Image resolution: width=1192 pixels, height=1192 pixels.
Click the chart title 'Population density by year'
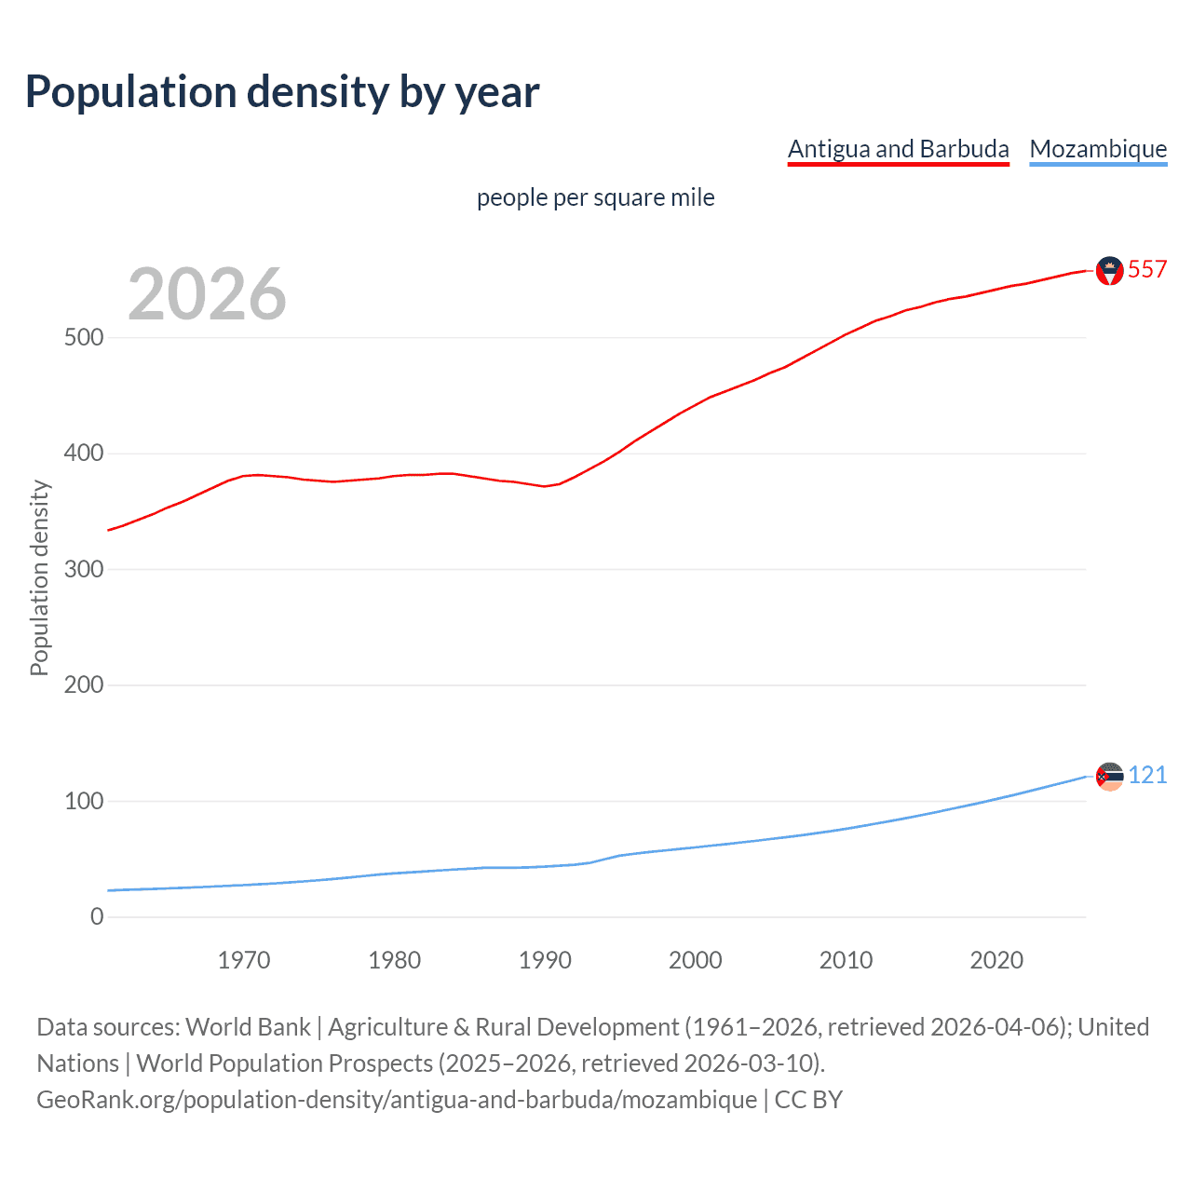pos(282,92)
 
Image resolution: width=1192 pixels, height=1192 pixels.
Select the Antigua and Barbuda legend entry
pos(898,149)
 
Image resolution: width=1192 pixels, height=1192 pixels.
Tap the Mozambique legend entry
pos(1098,149)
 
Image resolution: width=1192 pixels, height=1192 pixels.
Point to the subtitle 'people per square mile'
pos(595,197)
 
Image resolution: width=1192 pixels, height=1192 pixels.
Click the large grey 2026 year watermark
pos(207,294)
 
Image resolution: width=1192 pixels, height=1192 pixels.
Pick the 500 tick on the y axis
pos(84,337)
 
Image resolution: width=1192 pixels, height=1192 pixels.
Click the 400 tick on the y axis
pos(84,454)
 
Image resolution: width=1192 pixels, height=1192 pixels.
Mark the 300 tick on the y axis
pos(84,569)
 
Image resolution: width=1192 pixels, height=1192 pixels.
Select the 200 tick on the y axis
pos(84,685)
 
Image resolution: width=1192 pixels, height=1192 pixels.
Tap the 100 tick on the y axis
pos(84,801)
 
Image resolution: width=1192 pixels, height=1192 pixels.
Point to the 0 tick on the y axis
pos(97,916)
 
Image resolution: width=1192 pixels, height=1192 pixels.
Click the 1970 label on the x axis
pos(244,960)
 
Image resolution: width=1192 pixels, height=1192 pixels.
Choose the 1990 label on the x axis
pos(545,960)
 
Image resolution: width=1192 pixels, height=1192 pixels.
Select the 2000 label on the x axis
pos(696,960)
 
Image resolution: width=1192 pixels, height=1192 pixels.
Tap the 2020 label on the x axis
pos(996,960)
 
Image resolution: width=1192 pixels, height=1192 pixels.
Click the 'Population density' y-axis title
pos(39,577)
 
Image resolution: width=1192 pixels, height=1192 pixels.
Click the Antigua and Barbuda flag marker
pos(1109,270)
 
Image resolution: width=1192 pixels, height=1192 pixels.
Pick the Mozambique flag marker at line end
pos(1109,776)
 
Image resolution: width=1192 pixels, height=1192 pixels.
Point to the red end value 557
pos(1147,270)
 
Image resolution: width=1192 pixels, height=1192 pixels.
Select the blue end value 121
pos(1147,776)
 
